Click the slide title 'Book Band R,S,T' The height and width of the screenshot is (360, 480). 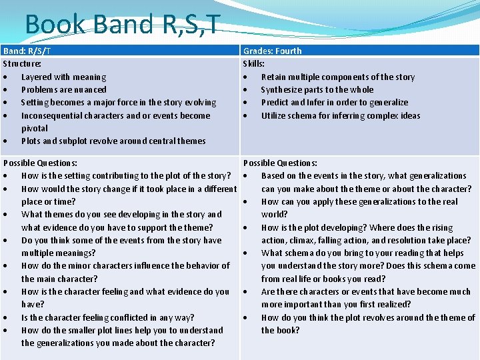pyautogui.click(x=122, y=25)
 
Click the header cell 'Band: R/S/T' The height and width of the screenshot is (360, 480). pyautogui.click(x=27, y=51)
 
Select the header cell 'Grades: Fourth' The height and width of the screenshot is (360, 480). pyautogui.click(x=272, y=51)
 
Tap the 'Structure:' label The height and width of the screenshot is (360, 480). pyautogui.click(x=22, y=64)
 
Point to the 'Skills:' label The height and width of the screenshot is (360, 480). pyautogui.click(x=253, y=64)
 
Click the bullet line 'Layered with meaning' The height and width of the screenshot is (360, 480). pyautogui.click(x=63, y=77)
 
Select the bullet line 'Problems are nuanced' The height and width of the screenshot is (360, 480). pyautogui.click(x=63, y=90)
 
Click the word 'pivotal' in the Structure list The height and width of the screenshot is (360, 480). pyautogui.click(x=35, y=129)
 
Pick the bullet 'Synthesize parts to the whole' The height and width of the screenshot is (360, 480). pyautogui.click(x=317, y=90)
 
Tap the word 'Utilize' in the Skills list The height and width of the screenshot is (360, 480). pyautogui.click(x=274, y=116)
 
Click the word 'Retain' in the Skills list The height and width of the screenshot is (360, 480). pyautogui.click(x=273, y=77)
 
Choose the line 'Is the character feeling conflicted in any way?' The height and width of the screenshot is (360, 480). pyautogui.click(x=108, y=318)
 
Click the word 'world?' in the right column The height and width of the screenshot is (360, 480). pyautogui.click(x=274, y=215)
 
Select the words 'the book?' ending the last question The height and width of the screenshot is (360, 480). pyautogui.click(x=280, y=331)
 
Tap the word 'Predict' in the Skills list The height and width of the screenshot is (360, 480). pyautogui.click(x=275, y=103)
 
